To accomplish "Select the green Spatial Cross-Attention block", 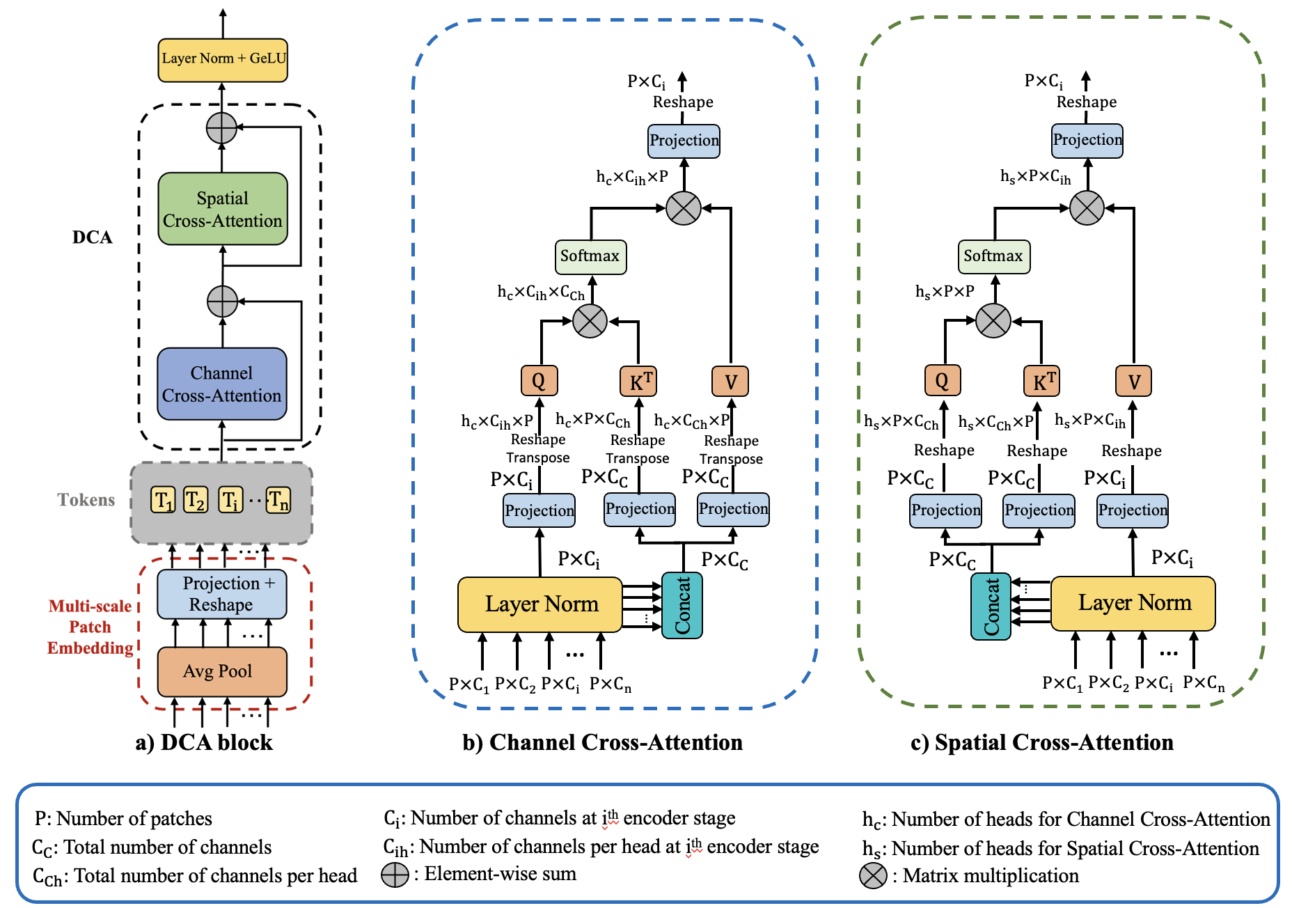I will (x=223, y=209).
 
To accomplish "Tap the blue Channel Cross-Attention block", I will (x=222, y=384).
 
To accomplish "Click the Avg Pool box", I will (x=222, y=671).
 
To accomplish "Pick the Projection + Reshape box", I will (x=222, y=594).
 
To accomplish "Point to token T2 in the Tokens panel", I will (x=196, y=500).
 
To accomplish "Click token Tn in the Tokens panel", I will (x=278, y=500).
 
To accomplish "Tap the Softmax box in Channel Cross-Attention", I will (x=590, y=256).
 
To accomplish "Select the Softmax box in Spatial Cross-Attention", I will (x=993, y=256).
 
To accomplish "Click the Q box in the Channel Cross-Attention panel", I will (x=539, y=381).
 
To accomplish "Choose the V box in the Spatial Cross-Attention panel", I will (x=1134, y=381).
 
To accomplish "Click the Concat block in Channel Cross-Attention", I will (x=682, y=605).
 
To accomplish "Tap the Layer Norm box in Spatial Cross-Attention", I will (x=1133, y=603).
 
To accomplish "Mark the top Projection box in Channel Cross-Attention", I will (x=684, y=141).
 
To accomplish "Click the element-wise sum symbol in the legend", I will (x=395, y=875).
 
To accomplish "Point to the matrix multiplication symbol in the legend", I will (x=873, y=876).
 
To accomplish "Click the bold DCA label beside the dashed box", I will (x=93, y=237).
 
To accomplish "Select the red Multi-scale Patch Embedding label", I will (x=90, y=627).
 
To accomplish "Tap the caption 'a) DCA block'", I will (x=204, y=742).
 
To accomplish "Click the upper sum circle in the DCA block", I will (x=222, y=128).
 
